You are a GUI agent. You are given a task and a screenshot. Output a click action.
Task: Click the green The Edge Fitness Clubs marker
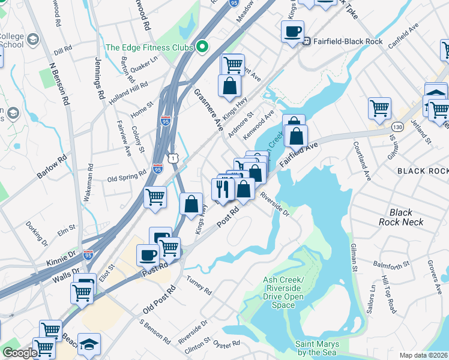202,47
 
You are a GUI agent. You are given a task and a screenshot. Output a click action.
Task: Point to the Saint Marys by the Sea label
317,348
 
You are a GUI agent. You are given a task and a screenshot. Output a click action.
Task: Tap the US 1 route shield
173,157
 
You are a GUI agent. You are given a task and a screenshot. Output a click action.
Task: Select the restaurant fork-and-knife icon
223,189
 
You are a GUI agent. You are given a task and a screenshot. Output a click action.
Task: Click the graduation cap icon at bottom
89,344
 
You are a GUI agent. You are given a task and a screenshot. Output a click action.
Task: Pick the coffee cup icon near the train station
292,31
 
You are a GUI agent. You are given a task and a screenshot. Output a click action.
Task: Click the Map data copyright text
424,355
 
